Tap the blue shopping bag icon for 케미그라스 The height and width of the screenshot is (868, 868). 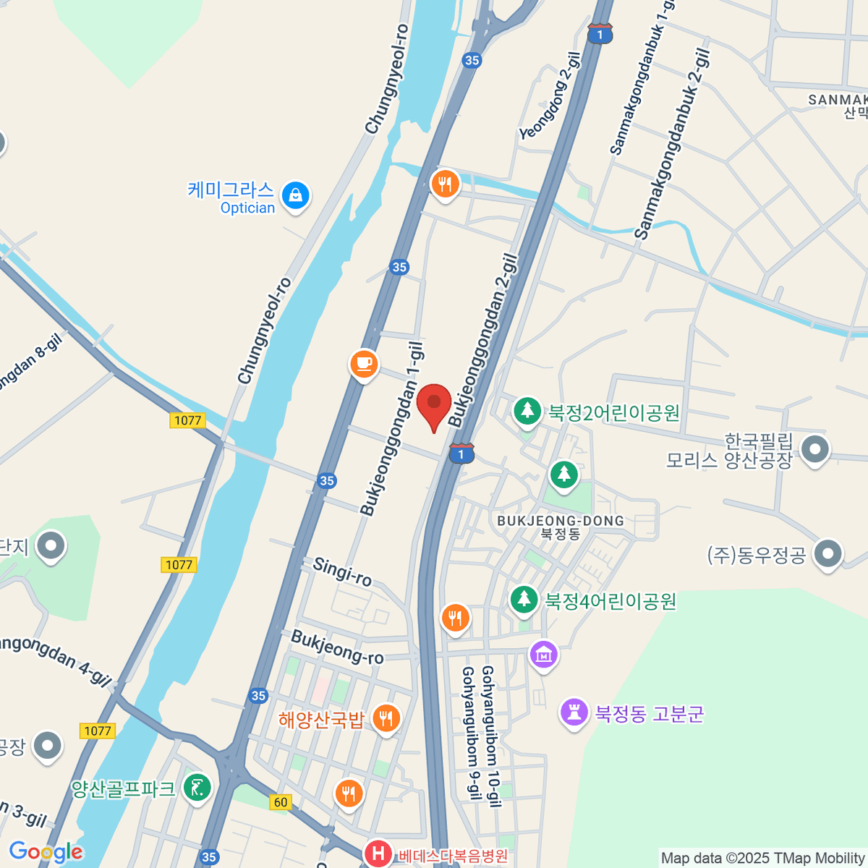coord(295,195)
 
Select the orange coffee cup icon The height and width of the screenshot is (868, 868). coord(364,363)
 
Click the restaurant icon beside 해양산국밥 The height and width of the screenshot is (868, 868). coord(386,718)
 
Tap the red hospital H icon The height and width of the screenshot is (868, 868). coord(378,854)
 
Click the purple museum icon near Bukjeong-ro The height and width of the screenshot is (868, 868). coord(543,655)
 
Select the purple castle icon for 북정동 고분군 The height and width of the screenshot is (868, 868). coord(574,712)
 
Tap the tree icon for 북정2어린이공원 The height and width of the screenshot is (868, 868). coord(527,411)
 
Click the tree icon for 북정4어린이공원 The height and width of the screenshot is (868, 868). coord(524,599)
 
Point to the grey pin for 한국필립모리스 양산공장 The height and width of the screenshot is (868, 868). coord(815,449)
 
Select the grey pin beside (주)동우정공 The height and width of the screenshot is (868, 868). coord(827,554)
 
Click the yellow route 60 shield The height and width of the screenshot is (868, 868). coord(281,801)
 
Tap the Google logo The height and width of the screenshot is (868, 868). coord(46,852)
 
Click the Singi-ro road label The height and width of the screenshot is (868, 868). coord(342,571)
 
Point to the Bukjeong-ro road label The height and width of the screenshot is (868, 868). coord(337,647)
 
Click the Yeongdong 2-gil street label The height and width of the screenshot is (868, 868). coord(550,101)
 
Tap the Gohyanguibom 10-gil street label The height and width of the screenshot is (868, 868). coord(491,736)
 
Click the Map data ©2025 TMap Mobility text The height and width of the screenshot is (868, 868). coord(762,858)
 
